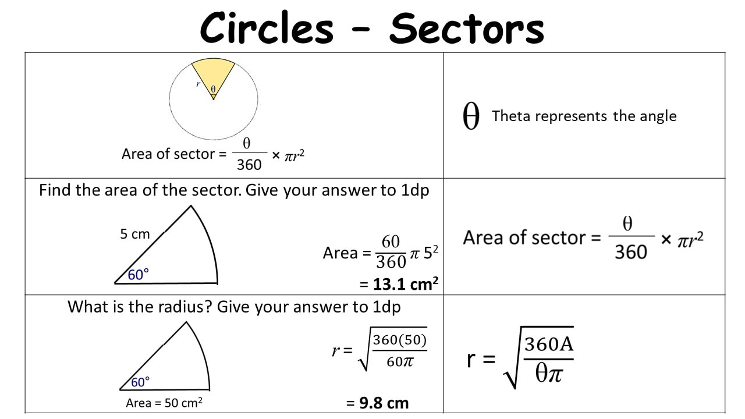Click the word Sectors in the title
pos(467,29)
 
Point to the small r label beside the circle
pos(198,84)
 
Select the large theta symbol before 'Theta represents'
pos(471,116)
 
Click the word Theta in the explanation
pos(511,116)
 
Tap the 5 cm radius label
pos(134,234)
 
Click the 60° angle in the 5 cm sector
pos(138,275)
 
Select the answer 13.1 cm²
pos(406,284)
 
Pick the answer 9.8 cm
pos(384,403)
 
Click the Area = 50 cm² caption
pos(164,403)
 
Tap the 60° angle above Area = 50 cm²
pos(140,382)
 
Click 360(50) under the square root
pos(399,340)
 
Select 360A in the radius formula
pos(549,344)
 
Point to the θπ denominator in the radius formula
pos(549,373)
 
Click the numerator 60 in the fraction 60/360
pos(391,242)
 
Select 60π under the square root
pos(400,361)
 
